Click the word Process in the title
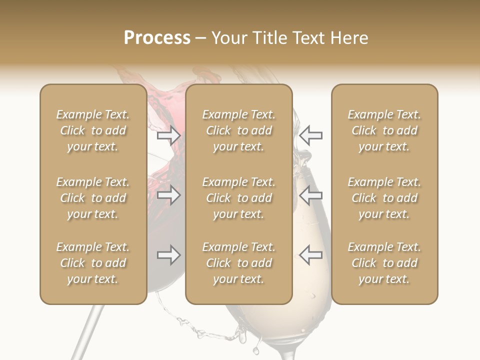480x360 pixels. (157, 38)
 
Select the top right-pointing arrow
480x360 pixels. (169, 135)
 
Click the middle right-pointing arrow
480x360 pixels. (169, 195)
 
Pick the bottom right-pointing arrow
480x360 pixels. (169, 255)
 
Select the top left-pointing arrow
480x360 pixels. (310, 135)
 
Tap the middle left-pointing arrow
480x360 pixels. (310, 195)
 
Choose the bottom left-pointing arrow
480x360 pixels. (310, 255)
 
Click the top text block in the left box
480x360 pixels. (93, 130)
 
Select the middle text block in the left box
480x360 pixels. (93, 198)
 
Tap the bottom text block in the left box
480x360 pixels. (93, 263)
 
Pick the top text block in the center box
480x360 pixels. (238, 130)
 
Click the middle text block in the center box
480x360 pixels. (238, 198)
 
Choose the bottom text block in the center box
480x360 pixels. (238, 263)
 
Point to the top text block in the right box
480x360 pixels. (384, 130)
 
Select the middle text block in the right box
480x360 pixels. (384, 198)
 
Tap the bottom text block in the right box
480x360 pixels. (384, 263)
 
